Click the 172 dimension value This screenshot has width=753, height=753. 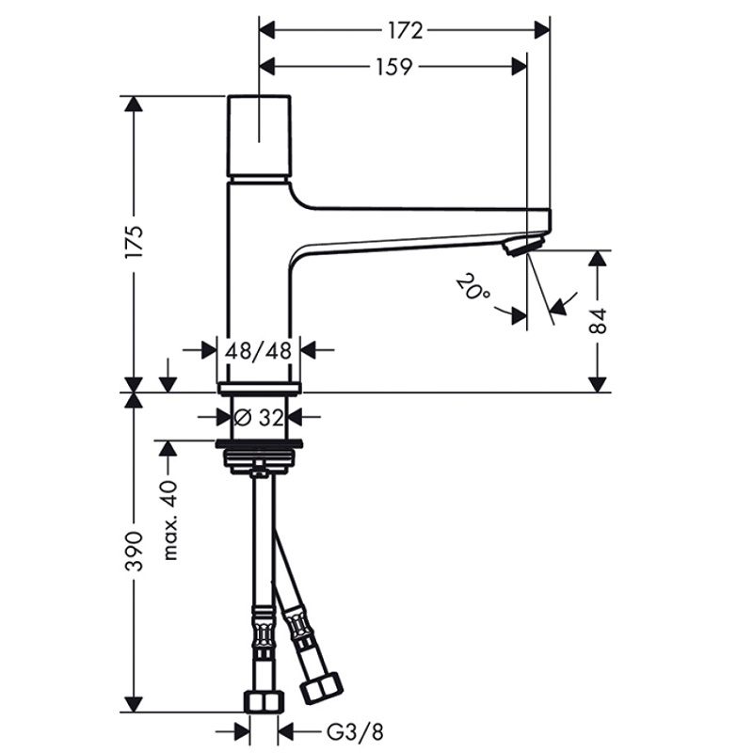pyautogui.click(x=405, y=31)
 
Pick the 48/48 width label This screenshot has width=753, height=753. pyautogui.click(x=258, y=350)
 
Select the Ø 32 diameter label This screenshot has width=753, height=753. pyautogui.click(x=258, y=416)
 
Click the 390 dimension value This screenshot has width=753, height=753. pyautogui.click(x=134, y=552)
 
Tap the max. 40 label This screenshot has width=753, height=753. pyautogui.click(x=169, y=520)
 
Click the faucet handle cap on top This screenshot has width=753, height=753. pyautogui.click(x=258, y=134)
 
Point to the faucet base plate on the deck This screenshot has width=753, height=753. pyautogui.click(x=258, y=387)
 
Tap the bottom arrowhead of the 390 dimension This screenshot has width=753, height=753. pyautogui.click(x=134, y=704)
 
